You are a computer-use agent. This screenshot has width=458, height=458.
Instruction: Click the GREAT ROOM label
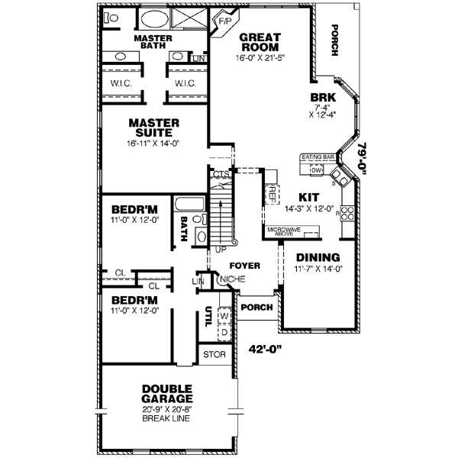[260, 41]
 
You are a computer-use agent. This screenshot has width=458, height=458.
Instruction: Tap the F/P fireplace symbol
[225, 21]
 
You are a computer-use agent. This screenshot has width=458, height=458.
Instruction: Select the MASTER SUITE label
[153, 127]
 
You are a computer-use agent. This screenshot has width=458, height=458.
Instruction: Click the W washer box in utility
[224, 314]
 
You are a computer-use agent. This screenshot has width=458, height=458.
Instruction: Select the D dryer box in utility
[224, 332]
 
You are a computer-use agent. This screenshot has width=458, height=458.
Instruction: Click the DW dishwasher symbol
[317, 170]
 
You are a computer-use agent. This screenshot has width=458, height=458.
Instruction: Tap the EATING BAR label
[319, 157]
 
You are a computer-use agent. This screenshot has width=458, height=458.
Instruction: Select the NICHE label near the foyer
[227, 279]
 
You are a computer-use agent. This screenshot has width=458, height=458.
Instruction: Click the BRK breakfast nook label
[319, 98]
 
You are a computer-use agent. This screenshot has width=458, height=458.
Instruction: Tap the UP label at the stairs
[222, 250]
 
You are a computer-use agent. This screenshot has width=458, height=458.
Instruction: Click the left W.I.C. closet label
[120, 83]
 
